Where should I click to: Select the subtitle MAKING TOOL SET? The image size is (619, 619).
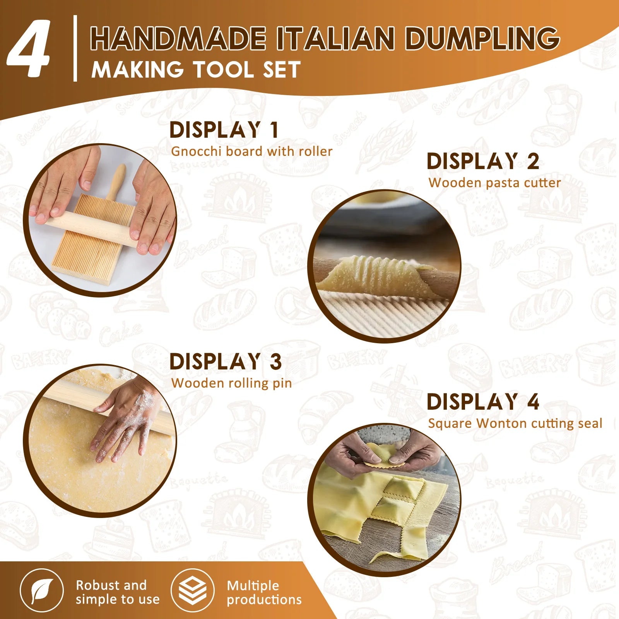[196, 70]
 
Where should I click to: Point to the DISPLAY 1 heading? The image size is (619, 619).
[224, 130]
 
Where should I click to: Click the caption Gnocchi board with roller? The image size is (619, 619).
[251, 151]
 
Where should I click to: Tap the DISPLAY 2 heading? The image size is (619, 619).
[483, 161]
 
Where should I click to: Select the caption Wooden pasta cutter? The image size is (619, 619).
[494, 183]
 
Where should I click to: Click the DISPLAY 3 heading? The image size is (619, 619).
[226, 362]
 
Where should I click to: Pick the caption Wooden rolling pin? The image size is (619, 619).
[231, 383]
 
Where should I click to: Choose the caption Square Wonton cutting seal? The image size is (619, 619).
[515, 423]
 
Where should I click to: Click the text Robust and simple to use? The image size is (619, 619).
[117, 592]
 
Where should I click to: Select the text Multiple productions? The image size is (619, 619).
[264, 592]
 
